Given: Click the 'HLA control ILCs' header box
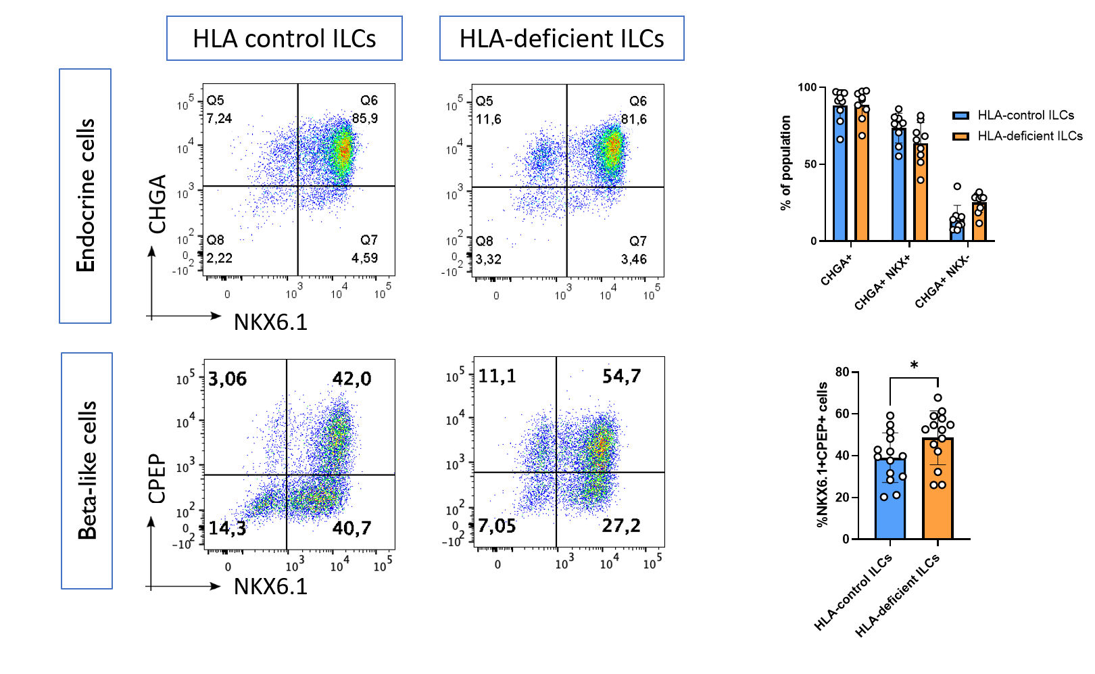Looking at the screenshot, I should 285,39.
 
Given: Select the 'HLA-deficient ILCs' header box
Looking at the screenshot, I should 562,39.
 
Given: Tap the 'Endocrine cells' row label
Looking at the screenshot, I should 85,195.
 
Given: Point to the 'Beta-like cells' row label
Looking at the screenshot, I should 87,471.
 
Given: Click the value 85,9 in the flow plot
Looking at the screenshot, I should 365,118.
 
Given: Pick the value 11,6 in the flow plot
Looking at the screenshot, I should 489,120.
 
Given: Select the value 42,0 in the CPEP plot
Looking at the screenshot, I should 351,379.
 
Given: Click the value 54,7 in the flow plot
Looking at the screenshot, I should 621,376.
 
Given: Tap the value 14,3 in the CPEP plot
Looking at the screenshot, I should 227,528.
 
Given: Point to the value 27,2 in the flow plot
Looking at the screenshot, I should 621,525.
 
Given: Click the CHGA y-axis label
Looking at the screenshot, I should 157,203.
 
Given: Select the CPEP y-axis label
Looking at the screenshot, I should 157,478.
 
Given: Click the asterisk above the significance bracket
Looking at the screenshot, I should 914,366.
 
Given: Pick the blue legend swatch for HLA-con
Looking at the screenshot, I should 960,116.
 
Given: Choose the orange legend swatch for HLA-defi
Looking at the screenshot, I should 960,137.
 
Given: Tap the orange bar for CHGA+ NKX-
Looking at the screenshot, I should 979,222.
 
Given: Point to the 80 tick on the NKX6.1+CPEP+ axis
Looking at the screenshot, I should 842,372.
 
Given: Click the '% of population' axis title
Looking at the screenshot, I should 785,163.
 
